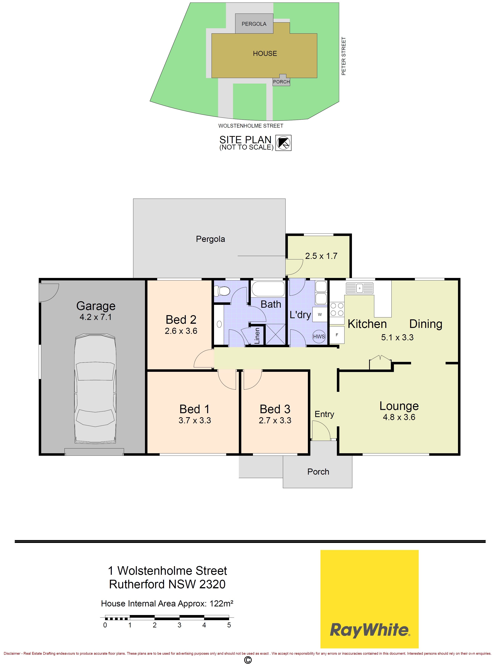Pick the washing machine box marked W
(320, 314)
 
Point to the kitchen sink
(360, 288)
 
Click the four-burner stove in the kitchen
(337, 310)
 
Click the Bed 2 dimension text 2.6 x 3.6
(181, 331)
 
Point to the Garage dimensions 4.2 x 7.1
(96, 317)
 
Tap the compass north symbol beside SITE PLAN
(283, 143)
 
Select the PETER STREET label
(344, 56)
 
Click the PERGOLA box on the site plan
(254, 23)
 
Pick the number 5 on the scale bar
(229, 625)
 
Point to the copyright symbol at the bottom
(248, 660)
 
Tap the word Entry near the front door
(324, 414)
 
